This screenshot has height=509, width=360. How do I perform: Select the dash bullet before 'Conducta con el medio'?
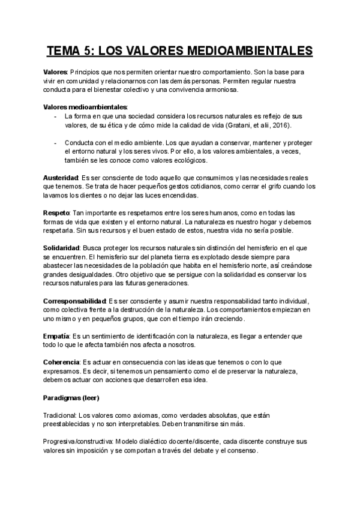click(55, 143)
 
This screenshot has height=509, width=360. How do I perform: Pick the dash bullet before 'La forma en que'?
click(55, 116)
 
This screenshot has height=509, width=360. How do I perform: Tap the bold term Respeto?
click(56, 213)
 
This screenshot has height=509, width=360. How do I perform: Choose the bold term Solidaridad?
click(62, 248)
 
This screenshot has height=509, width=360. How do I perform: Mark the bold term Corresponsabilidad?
click(74, 301)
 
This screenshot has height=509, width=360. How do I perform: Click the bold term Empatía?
click(56, 336)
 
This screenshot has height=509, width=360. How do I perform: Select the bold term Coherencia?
click(62, 363)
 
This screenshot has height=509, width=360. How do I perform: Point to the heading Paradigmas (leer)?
click(71, 398)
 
